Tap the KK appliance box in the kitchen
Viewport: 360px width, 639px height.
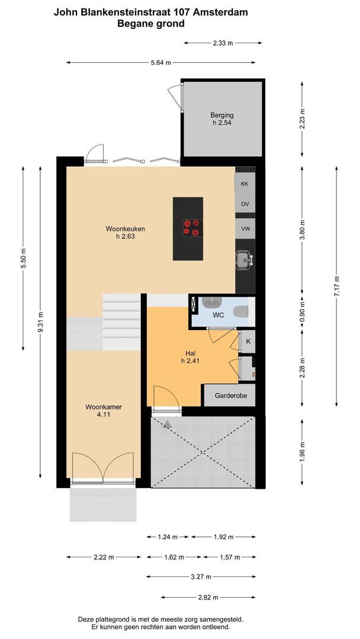pyautogui.click(x=245, y=184)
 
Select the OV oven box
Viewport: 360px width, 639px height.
pyautogui.click(x=245, y=204)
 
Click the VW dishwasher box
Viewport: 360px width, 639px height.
pyautogui.click(x=245, y=227)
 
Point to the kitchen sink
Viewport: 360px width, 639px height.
pyautogui.click(x=243, y=259)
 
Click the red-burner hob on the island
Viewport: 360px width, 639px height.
pyautogui.click(x=191, y=227)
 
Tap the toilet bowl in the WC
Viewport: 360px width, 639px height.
pyautogui.click(x=241, y=311)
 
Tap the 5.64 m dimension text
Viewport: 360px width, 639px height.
pyautogui.click(x=160, y=63)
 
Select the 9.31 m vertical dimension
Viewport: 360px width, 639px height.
pyautogui.click(x=40, y=322)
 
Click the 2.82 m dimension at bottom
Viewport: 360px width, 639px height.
pyautogui.click(x=208, y=597)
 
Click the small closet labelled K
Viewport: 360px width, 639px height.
pyautogui.click(x=248, y=341)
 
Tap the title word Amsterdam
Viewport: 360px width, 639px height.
pyautogui.click(x=221, y=12)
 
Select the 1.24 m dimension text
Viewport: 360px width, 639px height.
pyautogui.click(x=168, y=537)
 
